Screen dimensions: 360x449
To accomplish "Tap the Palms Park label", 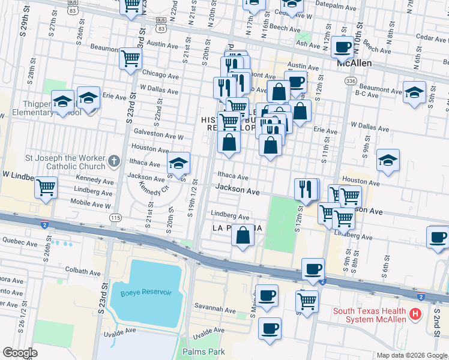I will [202, 350].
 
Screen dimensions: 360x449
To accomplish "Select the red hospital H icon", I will [414, 314].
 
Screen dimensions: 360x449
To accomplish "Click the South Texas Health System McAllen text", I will [369, 314].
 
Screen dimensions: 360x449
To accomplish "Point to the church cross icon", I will [114, 161].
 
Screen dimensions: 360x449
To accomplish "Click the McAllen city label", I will [354, 63].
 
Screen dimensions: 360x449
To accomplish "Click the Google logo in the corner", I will [20, 353].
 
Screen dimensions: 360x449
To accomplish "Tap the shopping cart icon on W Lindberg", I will [46, 188].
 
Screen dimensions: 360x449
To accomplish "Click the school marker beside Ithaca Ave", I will [178, 163].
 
